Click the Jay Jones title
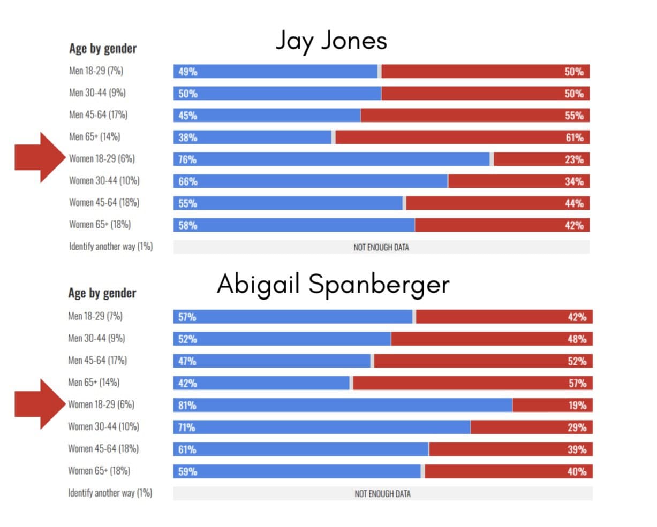click(331, 41)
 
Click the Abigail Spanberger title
click(333, 284)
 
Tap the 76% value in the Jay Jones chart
click(187, 159)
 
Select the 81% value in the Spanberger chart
click(187, 406)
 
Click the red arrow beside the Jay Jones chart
click(40, 158)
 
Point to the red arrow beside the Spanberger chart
click(40, 404)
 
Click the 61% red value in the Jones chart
click(574, 138)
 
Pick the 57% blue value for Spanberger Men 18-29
click(187, 317)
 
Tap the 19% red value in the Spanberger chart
click(577, 406)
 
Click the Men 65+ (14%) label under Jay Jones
click(94, 136)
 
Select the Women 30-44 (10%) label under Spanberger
click(103, 426)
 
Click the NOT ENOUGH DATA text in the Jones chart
click(381, 247)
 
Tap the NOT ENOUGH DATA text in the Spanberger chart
click(382, 493)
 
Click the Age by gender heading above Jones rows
click(103, 49)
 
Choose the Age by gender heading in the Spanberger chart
click(102, 293)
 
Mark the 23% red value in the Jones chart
click(574, 159)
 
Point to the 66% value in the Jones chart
click(188, 181)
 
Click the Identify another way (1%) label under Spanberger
click(110, 493)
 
